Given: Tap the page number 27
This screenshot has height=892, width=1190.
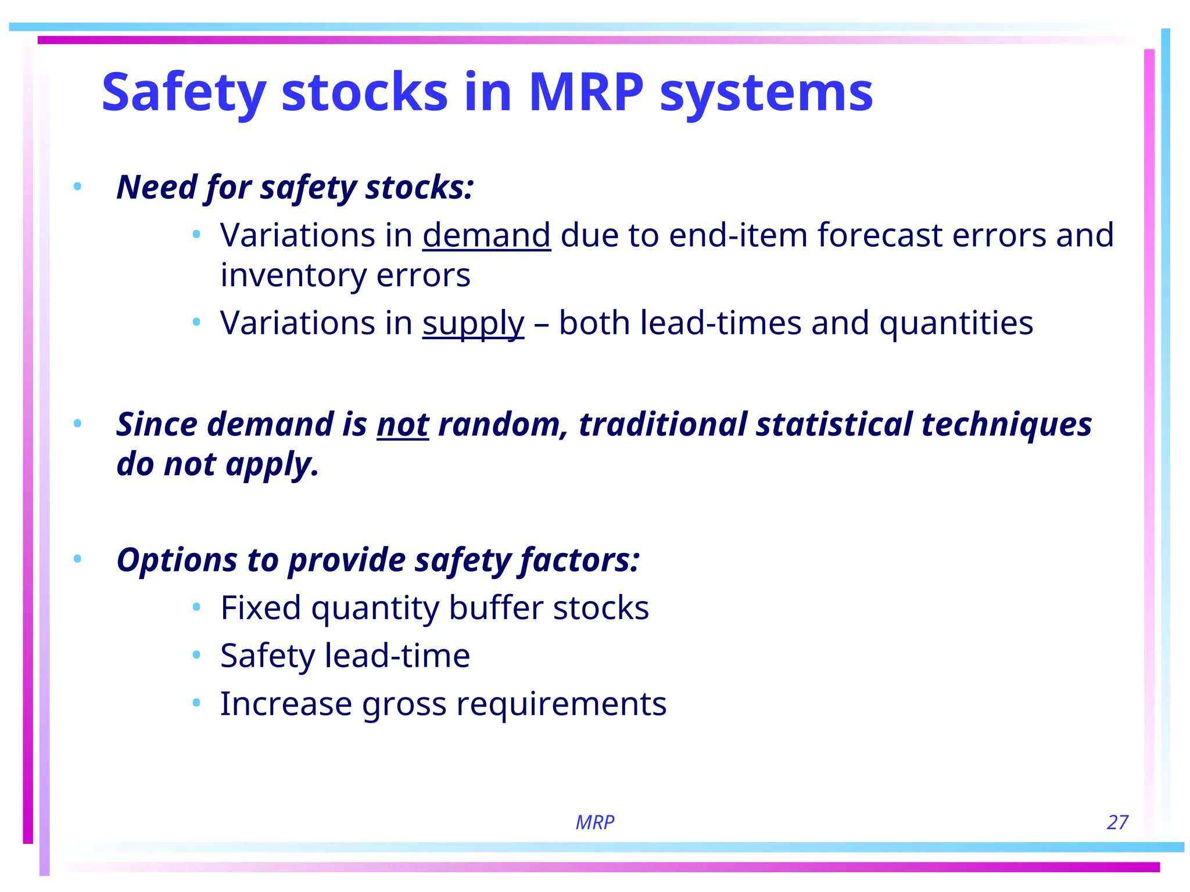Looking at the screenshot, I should pyautogui.click(x=1117, y=822).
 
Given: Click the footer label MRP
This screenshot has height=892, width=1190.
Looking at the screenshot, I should pyautogui.click(x=594, y=822).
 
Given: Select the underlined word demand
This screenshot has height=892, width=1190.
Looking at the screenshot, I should pyautogui.click(x=486, y=235).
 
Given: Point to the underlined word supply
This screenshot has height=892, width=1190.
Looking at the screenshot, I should pyautogui.click(x=473, y=323).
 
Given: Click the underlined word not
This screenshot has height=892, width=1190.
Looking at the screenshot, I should pyautogui.click(x=403, y=424).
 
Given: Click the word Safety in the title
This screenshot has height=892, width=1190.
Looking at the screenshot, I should pyautogui.click(x=184, y=93).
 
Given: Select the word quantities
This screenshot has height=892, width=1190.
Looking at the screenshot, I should pyautogui.click(x=956, y=323).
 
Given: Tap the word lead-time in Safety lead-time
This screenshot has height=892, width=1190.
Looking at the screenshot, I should pyautogui.click(x=397, y=656).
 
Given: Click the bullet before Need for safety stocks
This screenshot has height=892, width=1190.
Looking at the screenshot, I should pyautogui.click(x=77, y=187).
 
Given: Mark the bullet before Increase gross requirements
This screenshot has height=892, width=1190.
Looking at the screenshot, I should pyautogui.click(x=196, y=703).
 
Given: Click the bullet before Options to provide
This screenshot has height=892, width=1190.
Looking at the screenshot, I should pyautogui.click(x=77, y=559).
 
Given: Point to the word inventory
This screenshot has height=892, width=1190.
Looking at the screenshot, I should pyautogui.click(x=293, y=275).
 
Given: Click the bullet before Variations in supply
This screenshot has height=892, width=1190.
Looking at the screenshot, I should pyautogui.click(x=196, y=322).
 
